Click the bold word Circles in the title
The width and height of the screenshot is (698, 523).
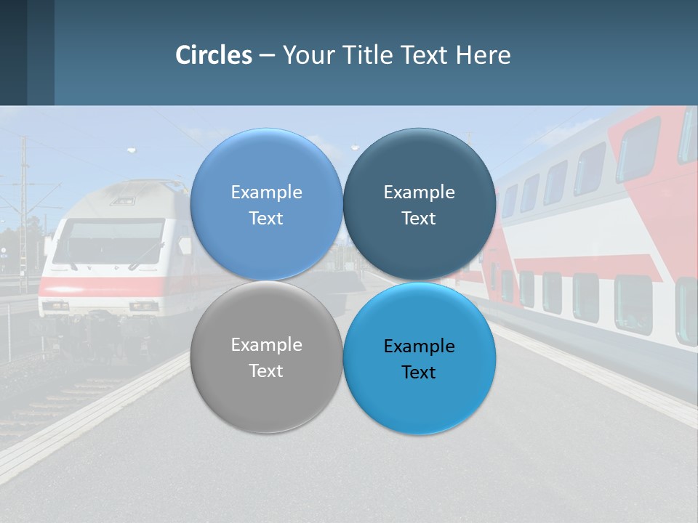(x=213, y=55)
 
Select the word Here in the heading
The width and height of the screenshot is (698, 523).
(x=484, y=55)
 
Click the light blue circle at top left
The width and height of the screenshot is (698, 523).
(x=266, y=204)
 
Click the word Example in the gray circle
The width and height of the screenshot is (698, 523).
(x=266, y=345)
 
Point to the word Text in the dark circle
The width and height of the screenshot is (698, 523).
(x=419, y=218)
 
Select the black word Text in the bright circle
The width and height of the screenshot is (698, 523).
(x=419, y=372)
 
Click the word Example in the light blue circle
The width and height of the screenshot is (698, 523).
(x=266, y=192)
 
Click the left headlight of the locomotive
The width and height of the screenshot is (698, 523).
(x=55, y=306)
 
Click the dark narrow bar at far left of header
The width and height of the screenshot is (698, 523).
(x=13, y=52)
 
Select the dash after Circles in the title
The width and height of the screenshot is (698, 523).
(x=267, y=55)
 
